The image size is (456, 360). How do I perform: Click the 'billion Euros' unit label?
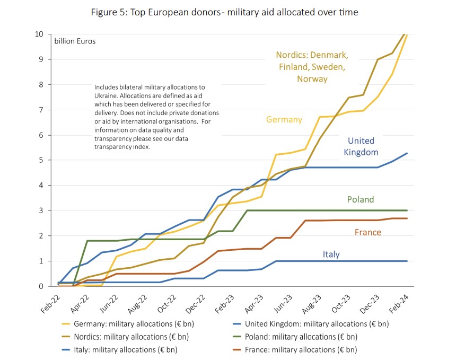click(75, 41)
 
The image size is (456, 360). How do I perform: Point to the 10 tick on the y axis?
click(39, 34)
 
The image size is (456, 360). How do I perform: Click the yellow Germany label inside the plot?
click(284, 119)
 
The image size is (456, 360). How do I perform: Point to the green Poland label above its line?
click(361, 200)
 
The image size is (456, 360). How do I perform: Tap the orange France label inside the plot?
click(368, 232)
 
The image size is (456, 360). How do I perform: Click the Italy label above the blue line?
click(331, 254)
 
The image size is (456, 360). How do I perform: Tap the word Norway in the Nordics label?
click(312, 79)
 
